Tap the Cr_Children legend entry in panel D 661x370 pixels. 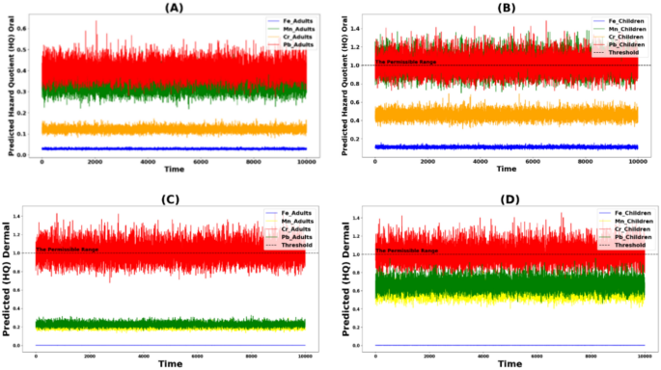click(x=620, y=230)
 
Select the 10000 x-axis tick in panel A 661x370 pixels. click(x=303, y=161)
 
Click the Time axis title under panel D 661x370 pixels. click(x=509, y=364)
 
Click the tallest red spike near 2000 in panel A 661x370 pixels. click(x=96, y=22)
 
